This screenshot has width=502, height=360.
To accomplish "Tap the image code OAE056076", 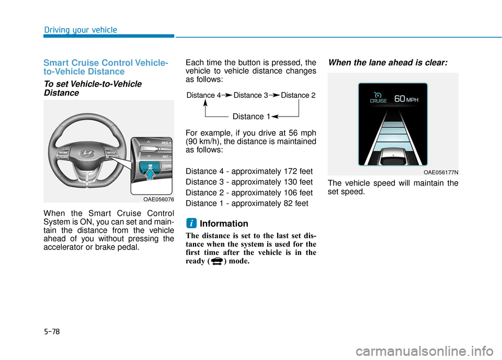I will (158, 199).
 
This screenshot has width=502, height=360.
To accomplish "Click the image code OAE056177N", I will (441, 171).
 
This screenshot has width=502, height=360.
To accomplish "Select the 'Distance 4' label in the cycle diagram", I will (203, 95).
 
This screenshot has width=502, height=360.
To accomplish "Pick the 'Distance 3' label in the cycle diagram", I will (250, 95).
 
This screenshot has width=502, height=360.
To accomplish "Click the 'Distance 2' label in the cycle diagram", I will (298, 95).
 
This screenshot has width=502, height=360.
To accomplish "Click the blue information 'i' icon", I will (191, 223).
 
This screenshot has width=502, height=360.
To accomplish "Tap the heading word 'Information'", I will (224, 224).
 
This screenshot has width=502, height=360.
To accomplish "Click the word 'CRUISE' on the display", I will (378, 101).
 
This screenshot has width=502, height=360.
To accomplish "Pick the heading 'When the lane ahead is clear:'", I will (387, 61).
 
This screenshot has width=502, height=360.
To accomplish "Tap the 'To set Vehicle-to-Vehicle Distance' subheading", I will (92, 88).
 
